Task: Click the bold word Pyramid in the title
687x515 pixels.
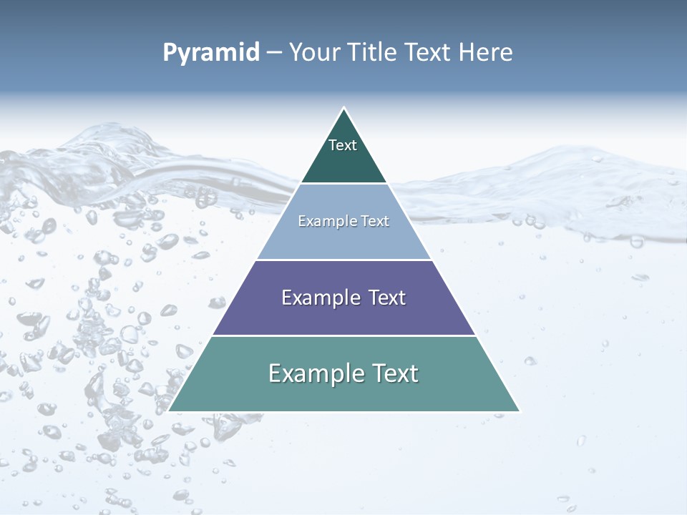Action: [x=211, y=53]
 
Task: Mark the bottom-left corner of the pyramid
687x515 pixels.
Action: [x=170, y=411]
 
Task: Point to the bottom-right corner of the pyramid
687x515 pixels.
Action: [x=519, y=411]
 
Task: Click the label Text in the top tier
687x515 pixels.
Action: [x=343, y=145]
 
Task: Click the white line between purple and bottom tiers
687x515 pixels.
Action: [x=343, y=335]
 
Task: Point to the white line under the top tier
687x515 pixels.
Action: [x=343, y=184]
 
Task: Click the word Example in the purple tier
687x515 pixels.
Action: [x=319, y=298]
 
